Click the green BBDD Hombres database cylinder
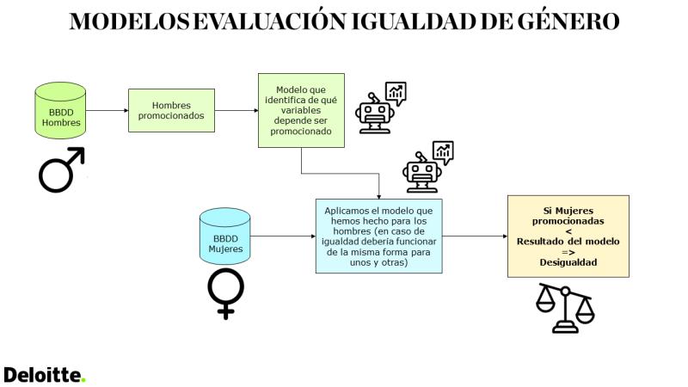coord(60,111)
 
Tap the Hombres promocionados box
coord(171,111)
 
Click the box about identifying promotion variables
coord(301,111)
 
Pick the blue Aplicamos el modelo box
coord(379,236)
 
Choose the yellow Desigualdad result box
coord(568,236)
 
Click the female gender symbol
coord(225,293)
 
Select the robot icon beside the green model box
coord(380,108)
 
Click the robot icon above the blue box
coord(427,167)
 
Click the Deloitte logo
coord(45,375)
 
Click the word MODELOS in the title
coord(131,21)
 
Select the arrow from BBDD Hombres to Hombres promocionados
coord(107,111)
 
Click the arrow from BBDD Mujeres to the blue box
coord(283,236)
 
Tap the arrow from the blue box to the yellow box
coord(475,236)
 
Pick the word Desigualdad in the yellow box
coord(568,262)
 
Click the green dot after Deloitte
coord(83,380)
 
